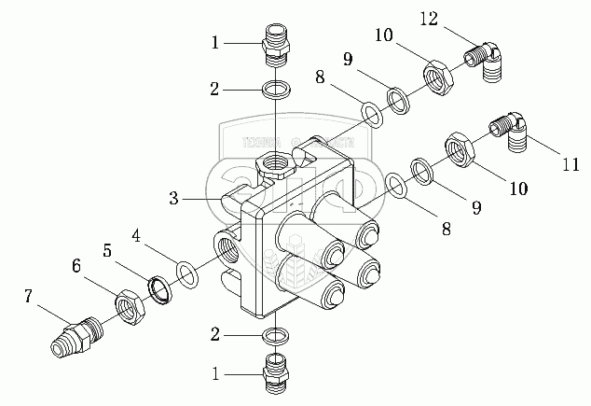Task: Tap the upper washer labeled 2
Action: [275, 91]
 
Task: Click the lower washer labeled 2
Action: [275, 332]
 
